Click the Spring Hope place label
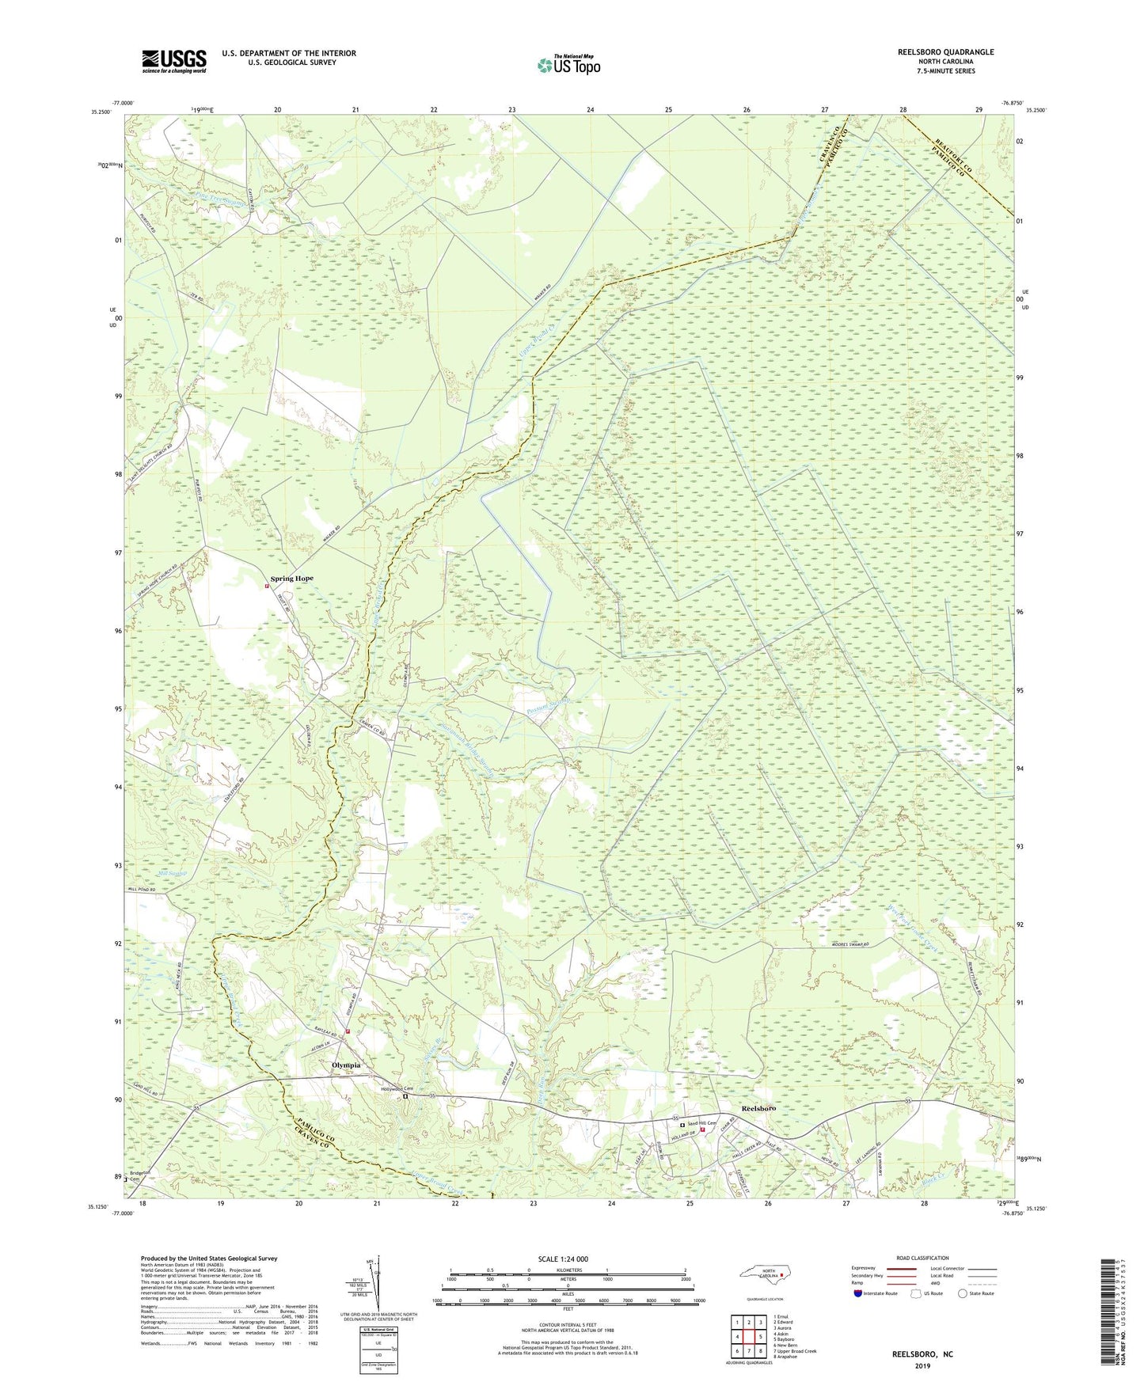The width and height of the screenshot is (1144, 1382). click(x=291, y=579)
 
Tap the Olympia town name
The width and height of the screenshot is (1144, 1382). click(x=345, y=1065)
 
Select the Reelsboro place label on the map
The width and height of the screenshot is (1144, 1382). click(x=758, y=1108)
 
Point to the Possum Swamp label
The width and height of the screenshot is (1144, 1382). click(x=548, y=702)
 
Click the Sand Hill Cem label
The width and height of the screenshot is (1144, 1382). click(x=701, y=1124)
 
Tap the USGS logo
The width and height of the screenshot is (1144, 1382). click(x=174, y=61)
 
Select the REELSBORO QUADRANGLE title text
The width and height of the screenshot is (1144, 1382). click(x=945, y=52)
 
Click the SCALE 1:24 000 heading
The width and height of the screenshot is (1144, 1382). click(x=563, y=1259)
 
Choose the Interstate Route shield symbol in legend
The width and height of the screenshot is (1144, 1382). click(x=857, y=1293)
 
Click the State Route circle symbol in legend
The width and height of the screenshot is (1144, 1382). click(x=962, y=1293)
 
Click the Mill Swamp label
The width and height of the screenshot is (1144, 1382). click(x=173, y=874)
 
